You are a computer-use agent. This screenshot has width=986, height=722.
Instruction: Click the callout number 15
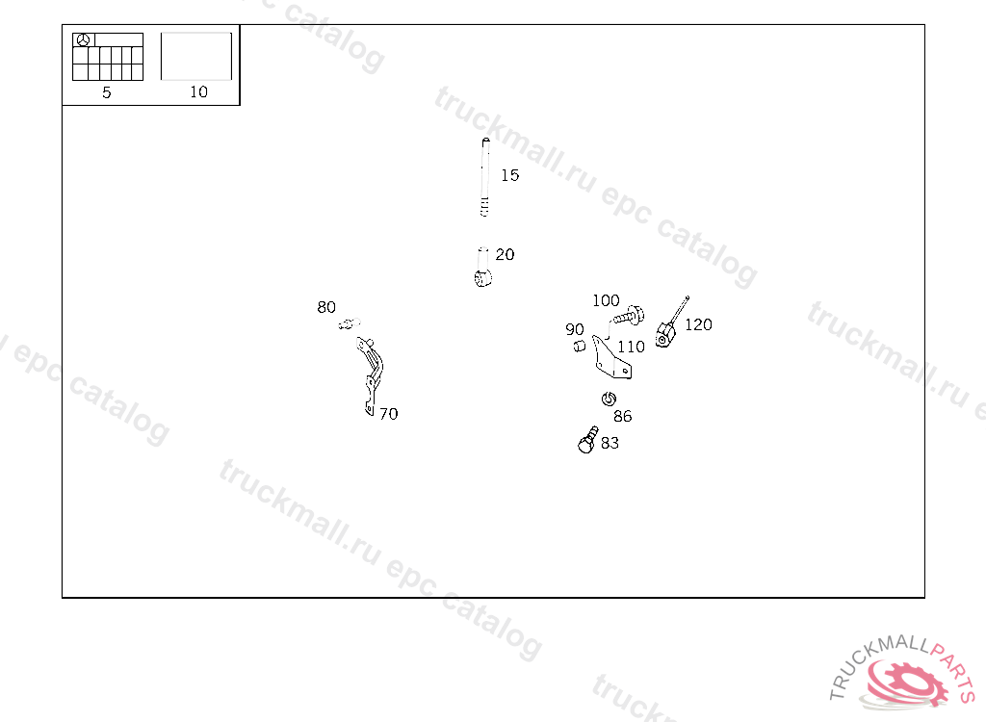point(509,175)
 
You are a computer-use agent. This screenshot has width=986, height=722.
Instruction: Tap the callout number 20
point(505,255)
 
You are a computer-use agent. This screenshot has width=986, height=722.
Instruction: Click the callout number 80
point(326,308)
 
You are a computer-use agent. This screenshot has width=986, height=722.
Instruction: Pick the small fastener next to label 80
point(347,324)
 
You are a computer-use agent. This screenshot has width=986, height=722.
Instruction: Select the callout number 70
point(388,414)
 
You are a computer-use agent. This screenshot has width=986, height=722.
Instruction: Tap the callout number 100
point(606,300)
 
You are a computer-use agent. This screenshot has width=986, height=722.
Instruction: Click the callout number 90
point(575,330)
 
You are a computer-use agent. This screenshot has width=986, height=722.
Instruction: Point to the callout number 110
point(632,347)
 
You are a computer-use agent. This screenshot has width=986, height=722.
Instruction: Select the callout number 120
point(698,324)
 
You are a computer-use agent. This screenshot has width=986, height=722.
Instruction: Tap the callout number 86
point(623,416)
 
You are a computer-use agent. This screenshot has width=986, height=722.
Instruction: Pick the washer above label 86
point(609,399)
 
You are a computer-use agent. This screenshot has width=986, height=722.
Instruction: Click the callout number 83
point(610,443)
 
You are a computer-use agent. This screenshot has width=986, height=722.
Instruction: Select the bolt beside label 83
point(586,441)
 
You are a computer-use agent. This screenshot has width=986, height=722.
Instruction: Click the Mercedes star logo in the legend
point(84,40)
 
